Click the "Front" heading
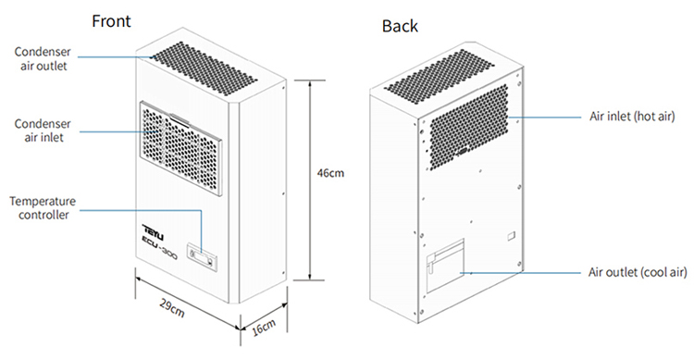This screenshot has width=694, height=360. [x=111, y=20]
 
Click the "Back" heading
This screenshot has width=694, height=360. [x=400, y=26]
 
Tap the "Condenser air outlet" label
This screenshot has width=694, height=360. [x=43, y=58]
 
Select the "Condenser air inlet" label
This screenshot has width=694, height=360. [x=43, y=130]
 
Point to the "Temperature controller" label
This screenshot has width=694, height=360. [x=43, y=207]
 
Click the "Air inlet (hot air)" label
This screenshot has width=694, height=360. [x=632, y=117]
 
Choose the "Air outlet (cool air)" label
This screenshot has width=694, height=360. [x=638, y=272]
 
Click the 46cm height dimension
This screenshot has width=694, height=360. [x=330, y=173]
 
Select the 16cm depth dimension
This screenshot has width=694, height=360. [x=264, y=328]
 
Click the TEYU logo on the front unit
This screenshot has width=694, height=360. [x=153, y=232]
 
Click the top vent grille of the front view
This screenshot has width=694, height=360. [x=204, y=68]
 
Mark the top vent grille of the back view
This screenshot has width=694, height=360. [x=439, y=76]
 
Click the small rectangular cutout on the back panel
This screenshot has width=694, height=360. [x=511, y=236]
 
